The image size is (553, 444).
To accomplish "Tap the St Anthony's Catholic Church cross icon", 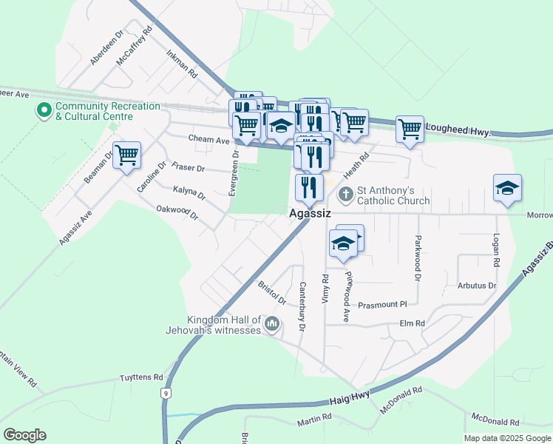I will pos(345,194).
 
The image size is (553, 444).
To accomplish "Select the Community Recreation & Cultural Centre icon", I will pos(44,111).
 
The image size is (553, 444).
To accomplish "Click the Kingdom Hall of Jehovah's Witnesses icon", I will pos(272,323).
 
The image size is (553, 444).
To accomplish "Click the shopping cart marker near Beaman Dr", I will pos(127,155).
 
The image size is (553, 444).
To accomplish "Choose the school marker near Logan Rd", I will pos(507,188).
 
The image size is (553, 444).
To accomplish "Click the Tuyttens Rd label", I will pos(141,377).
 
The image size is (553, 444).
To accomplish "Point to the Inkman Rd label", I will pos(182,64).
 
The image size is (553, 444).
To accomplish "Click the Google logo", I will pos(24,435).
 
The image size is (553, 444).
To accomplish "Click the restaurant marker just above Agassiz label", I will pos(309,186).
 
